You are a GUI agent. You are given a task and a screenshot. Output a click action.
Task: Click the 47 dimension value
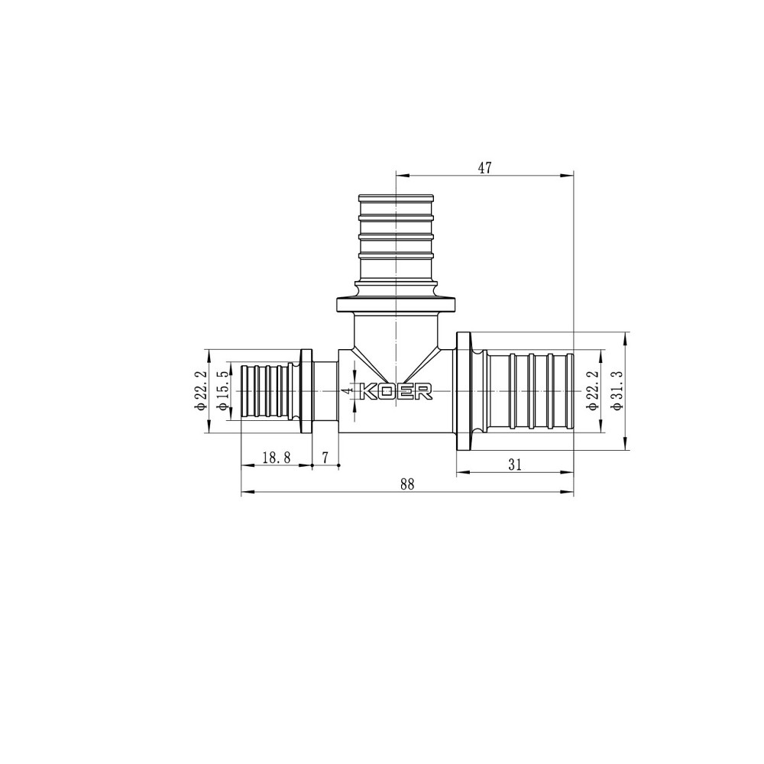click(x=484, y=168)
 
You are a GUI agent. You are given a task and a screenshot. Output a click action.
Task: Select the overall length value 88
click(x=406, y=484)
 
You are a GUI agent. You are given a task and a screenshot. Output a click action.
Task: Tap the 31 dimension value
click(x=514, y=463)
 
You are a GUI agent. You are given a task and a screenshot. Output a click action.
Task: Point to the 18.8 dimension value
click(x=276, y=457)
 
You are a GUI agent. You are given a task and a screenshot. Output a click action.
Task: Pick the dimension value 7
click(x=325, y=457)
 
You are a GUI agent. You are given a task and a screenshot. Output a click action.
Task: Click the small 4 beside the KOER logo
click(x=347, y=390)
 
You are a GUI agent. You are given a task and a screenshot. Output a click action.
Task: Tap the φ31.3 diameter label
click(x=617, y=390)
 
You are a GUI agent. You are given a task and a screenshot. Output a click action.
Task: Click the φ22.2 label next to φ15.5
click(x=201, y=390)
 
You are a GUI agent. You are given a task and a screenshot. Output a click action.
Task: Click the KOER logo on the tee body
click(x=396, y=391)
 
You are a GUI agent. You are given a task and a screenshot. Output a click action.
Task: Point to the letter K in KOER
click(x=367, y=391)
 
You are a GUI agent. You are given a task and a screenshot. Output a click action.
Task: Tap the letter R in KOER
click(x=424, y=391)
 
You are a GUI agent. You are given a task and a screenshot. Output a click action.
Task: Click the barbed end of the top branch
click(x=396, y=229)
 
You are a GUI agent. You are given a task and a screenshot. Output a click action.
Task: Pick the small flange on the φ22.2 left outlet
click(x=306, y=391)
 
